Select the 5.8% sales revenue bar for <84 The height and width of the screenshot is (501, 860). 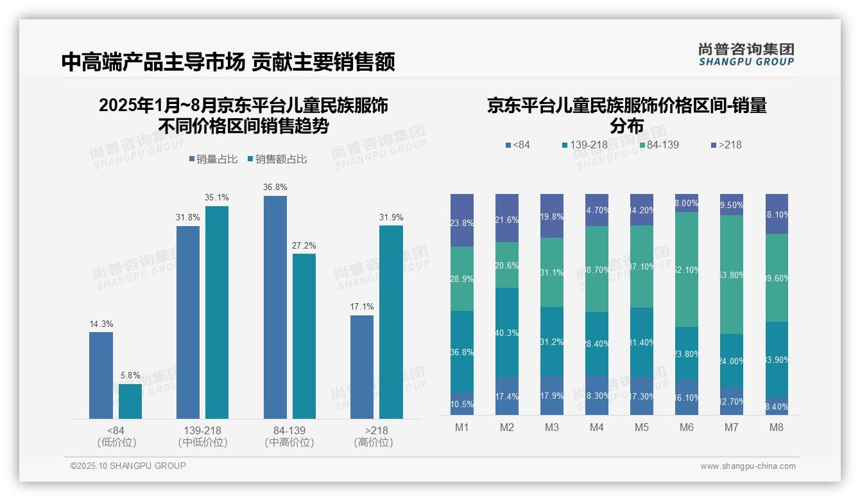pyautogui.click(x=130, y=401)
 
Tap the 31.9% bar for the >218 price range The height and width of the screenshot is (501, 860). pyautogui.click(x=391, y=322)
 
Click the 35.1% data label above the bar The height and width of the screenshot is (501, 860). pyautogui.click(x=217, y=197)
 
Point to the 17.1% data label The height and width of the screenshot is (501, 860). pyautogui.click(x=362, y=306)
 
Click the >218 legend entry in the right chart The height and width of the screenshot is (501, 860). pyautogui.click(x=725, y=145)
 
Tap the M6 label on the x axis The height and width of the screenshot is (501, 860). pyautogui.click(x=686, y=427)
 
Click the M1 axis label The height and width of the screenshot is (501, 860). pyautogui.click(x=462, y=427)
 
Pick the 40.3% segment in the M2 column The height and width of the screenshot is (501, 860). pyautogui.click(x=507, y=332)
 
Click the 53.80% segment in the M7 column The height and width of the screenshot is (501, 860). pyautogui.click(x=732, y=274)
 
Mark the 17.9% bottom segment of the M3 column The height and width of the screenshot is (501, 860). pyautogui.click(x=552, y=395)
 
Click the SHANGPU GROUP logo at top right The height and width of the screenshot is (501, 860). pyautogui.click(x=746, y=55)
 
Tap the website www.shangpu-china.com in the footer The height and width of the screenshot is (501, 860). pyautogui.click(x=748, y=466)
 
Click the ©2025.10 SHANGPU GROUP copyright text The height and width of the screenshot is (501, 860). pyautogui.click(x=128, y=466)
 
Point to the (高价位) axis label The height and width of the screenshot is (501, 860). pyautogui.click(x=374, y=443)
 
